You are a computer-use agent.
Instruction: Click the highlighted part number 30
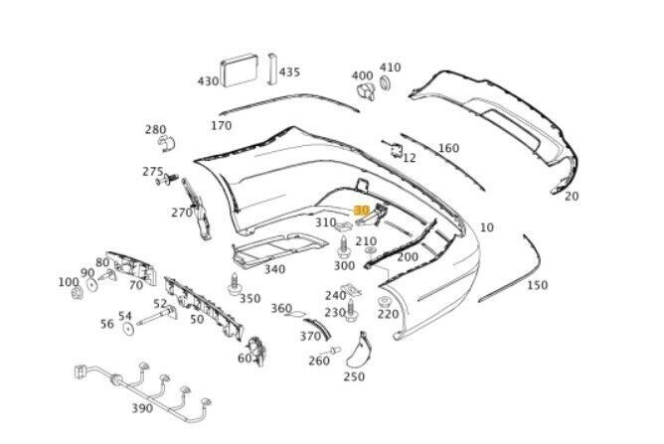pos(362,211)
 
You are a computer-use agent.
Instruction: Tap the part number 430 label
pos(208,81)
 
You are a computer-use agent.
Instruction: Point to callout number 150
pos(537,286)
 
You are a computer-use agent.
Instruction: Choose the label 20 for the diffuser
pos(571,196)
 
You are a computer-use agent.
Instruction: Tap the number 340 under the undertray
pos(273,269)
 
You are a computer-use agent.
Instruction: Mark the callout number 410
pos(390,68)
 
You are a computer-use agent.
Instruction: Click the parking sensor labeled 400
pos(364,91)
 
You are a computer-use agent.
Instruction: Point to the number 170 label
pos(221,126)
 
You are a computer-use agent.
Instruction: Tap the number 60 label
pos(245,359)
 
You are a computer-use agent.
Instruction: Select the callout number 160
pos(448,149)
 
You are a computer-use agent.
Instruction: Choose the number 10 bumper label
pos(486,227)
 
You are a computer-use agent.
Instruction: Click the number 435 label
pos(288,73)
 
